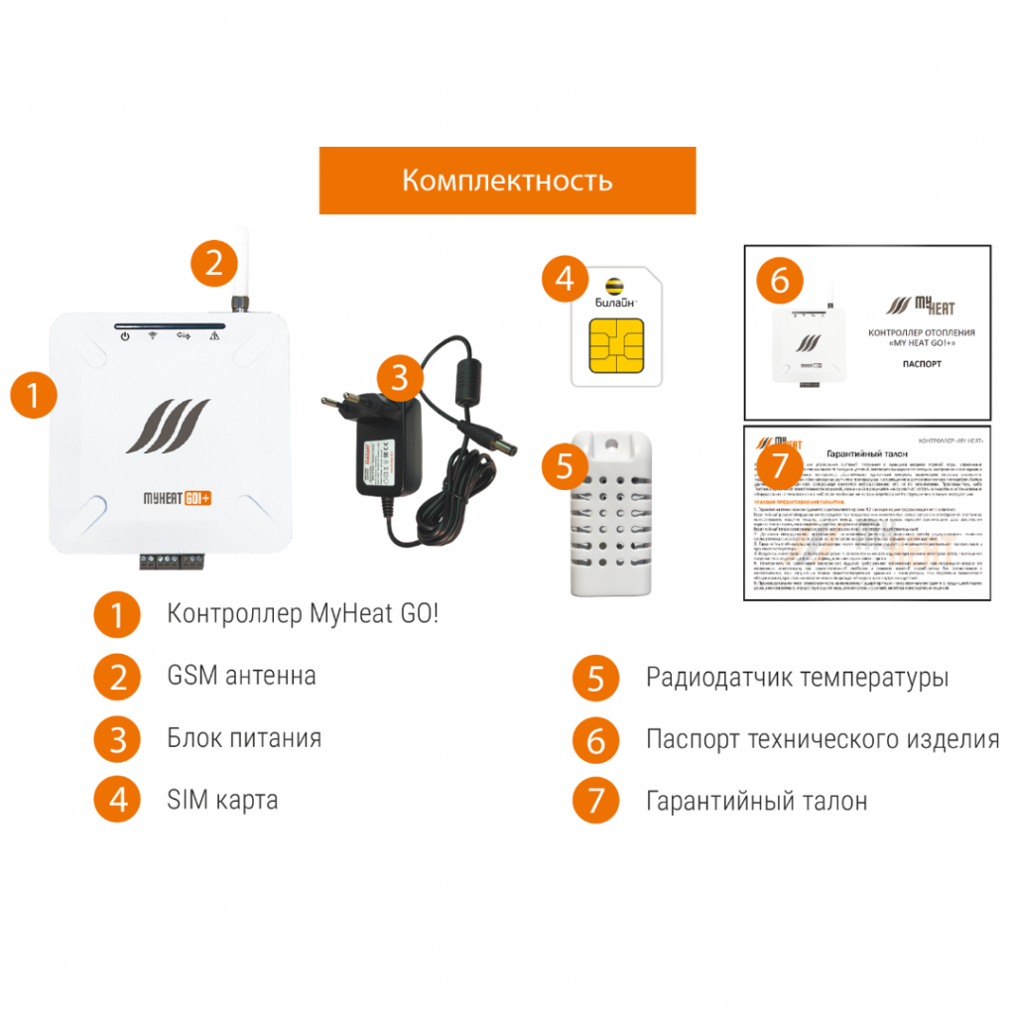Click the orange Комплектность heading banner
pos(507,181)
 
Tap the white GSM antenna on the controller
pos(240,266)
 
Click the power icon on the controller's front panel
pos(125,337)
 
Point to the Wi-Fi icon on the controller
pos(154,337)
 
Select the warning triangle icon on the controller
pos(212,337)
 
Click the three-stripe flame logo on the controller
pos(167,426)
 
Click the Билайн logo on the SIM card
pos(613,290)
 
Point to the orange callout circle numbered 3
pos(398,377)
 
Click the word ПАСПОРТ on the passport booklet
pos(924,364)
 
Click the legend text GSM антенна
pos(241,677)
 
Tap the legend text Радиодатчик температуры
pos(797,679)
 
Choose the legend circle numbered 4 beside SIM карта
pos(118,800)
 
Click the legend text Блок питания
pos(244,738)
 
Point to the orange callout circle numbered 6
pos(780,281)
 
